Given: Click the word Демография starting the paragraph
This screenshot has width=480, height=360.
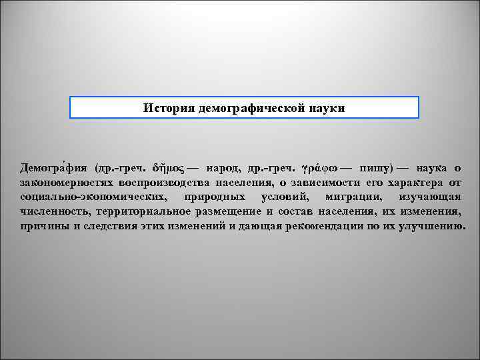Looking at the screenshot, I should (x=54, y=167).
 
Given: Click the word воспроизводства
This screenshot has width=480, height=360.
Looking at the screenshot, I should (x=164, y=182).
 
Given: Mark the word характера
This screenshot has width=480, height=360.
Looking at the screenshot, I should (x=415, y=182).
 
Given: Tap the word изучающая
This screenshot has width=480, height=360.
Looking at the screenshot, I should (x=431, y=197).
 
